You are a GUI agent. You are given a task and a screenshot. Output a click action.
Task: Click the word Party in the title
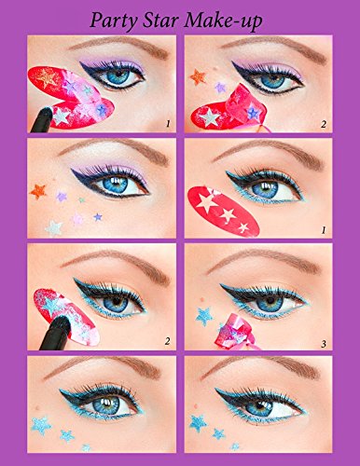pos(114,21)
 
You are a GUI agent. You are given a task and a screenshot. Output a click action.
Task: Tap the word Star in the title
pos(160,20)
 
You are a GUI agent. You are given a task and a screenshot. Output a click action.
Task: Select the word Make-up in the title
pos(223,21)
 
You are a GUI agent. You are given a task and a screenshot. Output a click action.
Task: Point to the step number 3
pos(324,344)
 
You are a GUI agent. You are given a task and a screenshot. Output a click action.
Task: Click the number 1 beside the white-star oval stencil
pos(324,230)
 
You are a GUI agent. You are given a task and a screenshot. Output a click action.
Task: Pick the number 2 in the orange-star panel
pos(324,124)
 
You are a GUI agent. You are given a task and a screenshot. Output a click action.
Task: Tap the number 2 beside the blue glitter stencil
pos(168,341)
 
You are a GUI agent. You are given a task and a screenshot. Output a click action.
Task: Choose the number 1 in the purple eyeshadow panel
pos(168,124)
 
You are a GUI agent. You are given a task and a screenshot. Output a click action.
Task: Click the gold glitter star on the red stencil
pos(47,77)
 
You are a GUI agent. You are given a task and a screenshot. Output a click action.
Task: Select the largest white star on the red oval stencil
pos(207,201)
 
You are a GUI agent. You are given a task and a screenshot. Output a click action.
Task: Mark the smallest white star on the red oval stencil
pos(243,227)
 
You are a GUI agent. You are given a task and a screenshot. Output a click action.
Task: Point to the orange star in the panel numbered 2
pos(198,76)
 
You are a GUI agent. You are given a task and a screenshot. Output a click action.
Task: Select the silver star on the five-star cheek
pos(54,228)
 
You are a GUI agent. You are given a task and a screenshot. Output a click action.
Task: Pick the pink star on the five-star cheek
pos(76,219)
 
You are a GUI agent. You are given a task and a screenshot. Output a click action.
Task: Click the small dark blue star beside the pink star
pos(98,217)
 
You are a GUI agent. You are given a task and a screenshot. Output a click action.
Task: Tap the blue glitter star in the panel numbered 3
pos(204,317)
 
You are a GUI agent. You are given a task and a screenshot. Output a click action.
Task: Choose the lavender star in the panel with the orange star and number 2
pos(220,88)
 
